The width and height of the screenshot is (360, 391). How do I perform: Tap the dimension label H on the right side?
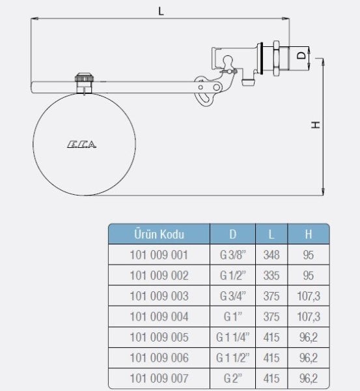[315, 124]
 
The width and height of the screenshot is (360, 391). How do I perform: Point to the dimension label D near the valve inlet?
[300, 56]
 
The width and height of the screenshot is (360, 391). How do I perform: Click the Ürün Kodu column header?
[159, 234]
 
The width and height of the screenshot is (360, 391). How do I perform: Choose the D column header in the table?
[233, 234]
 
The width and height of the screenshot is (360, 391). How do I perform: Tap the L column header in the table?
[271, 234]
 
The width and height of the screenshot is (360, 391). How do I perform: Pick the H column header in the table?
[308, 234]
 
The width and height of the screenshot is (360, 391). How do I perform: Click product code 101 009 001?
[159, 255]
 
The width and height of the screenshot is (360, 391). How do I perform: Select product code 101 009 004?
[159, 317]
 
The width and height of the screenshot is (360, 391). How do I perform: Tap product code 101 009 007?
[159, 379]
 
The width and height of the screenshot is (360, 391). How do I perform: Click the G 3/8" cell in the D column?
[233, 255]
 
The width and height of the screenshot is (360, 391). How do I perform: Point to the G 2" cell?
[233, 379]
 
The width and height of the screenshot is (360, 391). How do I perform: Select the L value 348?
[271, 255]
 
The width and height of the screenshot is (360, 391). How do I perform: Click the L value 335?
[271, 276]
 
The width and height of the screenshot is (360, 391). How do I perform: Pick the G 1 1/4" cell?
[233, 338]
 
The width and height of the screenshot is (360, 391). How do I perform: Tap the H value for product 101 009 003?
[308, 296]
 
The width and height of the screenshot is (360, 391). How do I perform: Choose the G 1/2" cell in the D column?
[233, 276]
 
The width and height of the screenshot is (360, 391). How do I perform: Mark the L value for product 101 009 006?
[271, 358]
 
